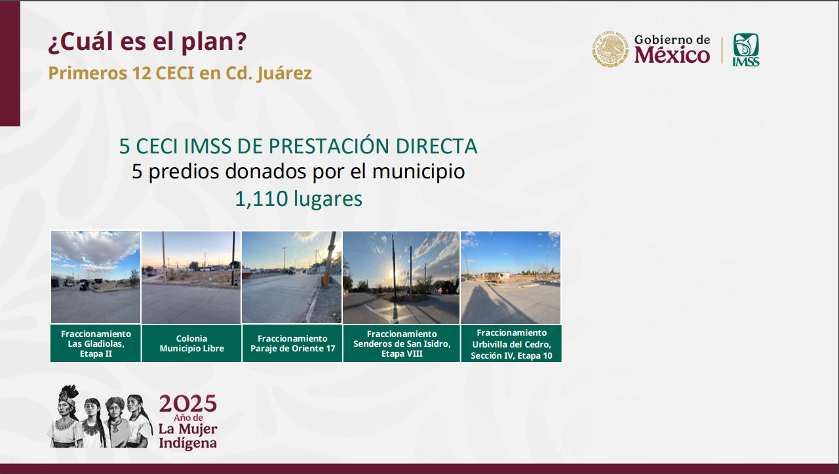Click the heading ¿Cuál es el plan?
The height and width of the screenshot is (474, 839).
pos(147,42)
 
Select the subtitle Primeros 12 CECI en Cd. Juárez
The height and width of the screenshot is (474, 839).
pos(180,73)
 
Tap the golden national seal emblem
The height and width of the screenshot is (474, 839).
pos(610,49)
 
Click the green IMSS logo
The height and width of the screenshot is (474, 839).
pos(746,50)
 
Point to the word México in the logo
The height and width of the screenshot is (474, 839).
pos(672,56)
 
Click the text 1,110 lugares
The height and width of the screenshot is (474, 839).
pos(298,198)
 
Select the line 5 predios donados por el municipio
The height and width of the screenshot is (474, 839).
pos(298,172)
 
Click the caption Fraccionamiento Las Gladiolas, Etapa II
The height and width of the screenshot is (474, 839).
pos(96,344)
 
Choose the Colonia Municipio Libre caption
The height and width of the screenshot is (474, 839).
pos(192,344)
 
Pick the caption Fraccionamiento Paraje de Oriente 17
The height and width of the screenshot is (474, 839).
pos(292,344)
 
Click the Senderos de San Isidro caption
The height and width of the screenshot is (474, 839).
pos(402,344)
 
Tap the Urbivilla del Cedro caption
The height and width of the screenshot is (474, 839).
pos(511,344)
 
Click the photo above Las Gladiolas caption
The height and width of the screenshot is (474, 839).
pos(96,277)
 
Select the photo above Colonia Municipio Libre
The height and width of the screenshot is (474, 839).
pos(191,277)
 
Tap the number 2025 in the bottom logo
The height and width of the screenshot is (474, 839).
pos(187,404)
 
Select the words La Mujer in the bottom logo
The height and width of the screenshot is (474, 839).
pos(187,429)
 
